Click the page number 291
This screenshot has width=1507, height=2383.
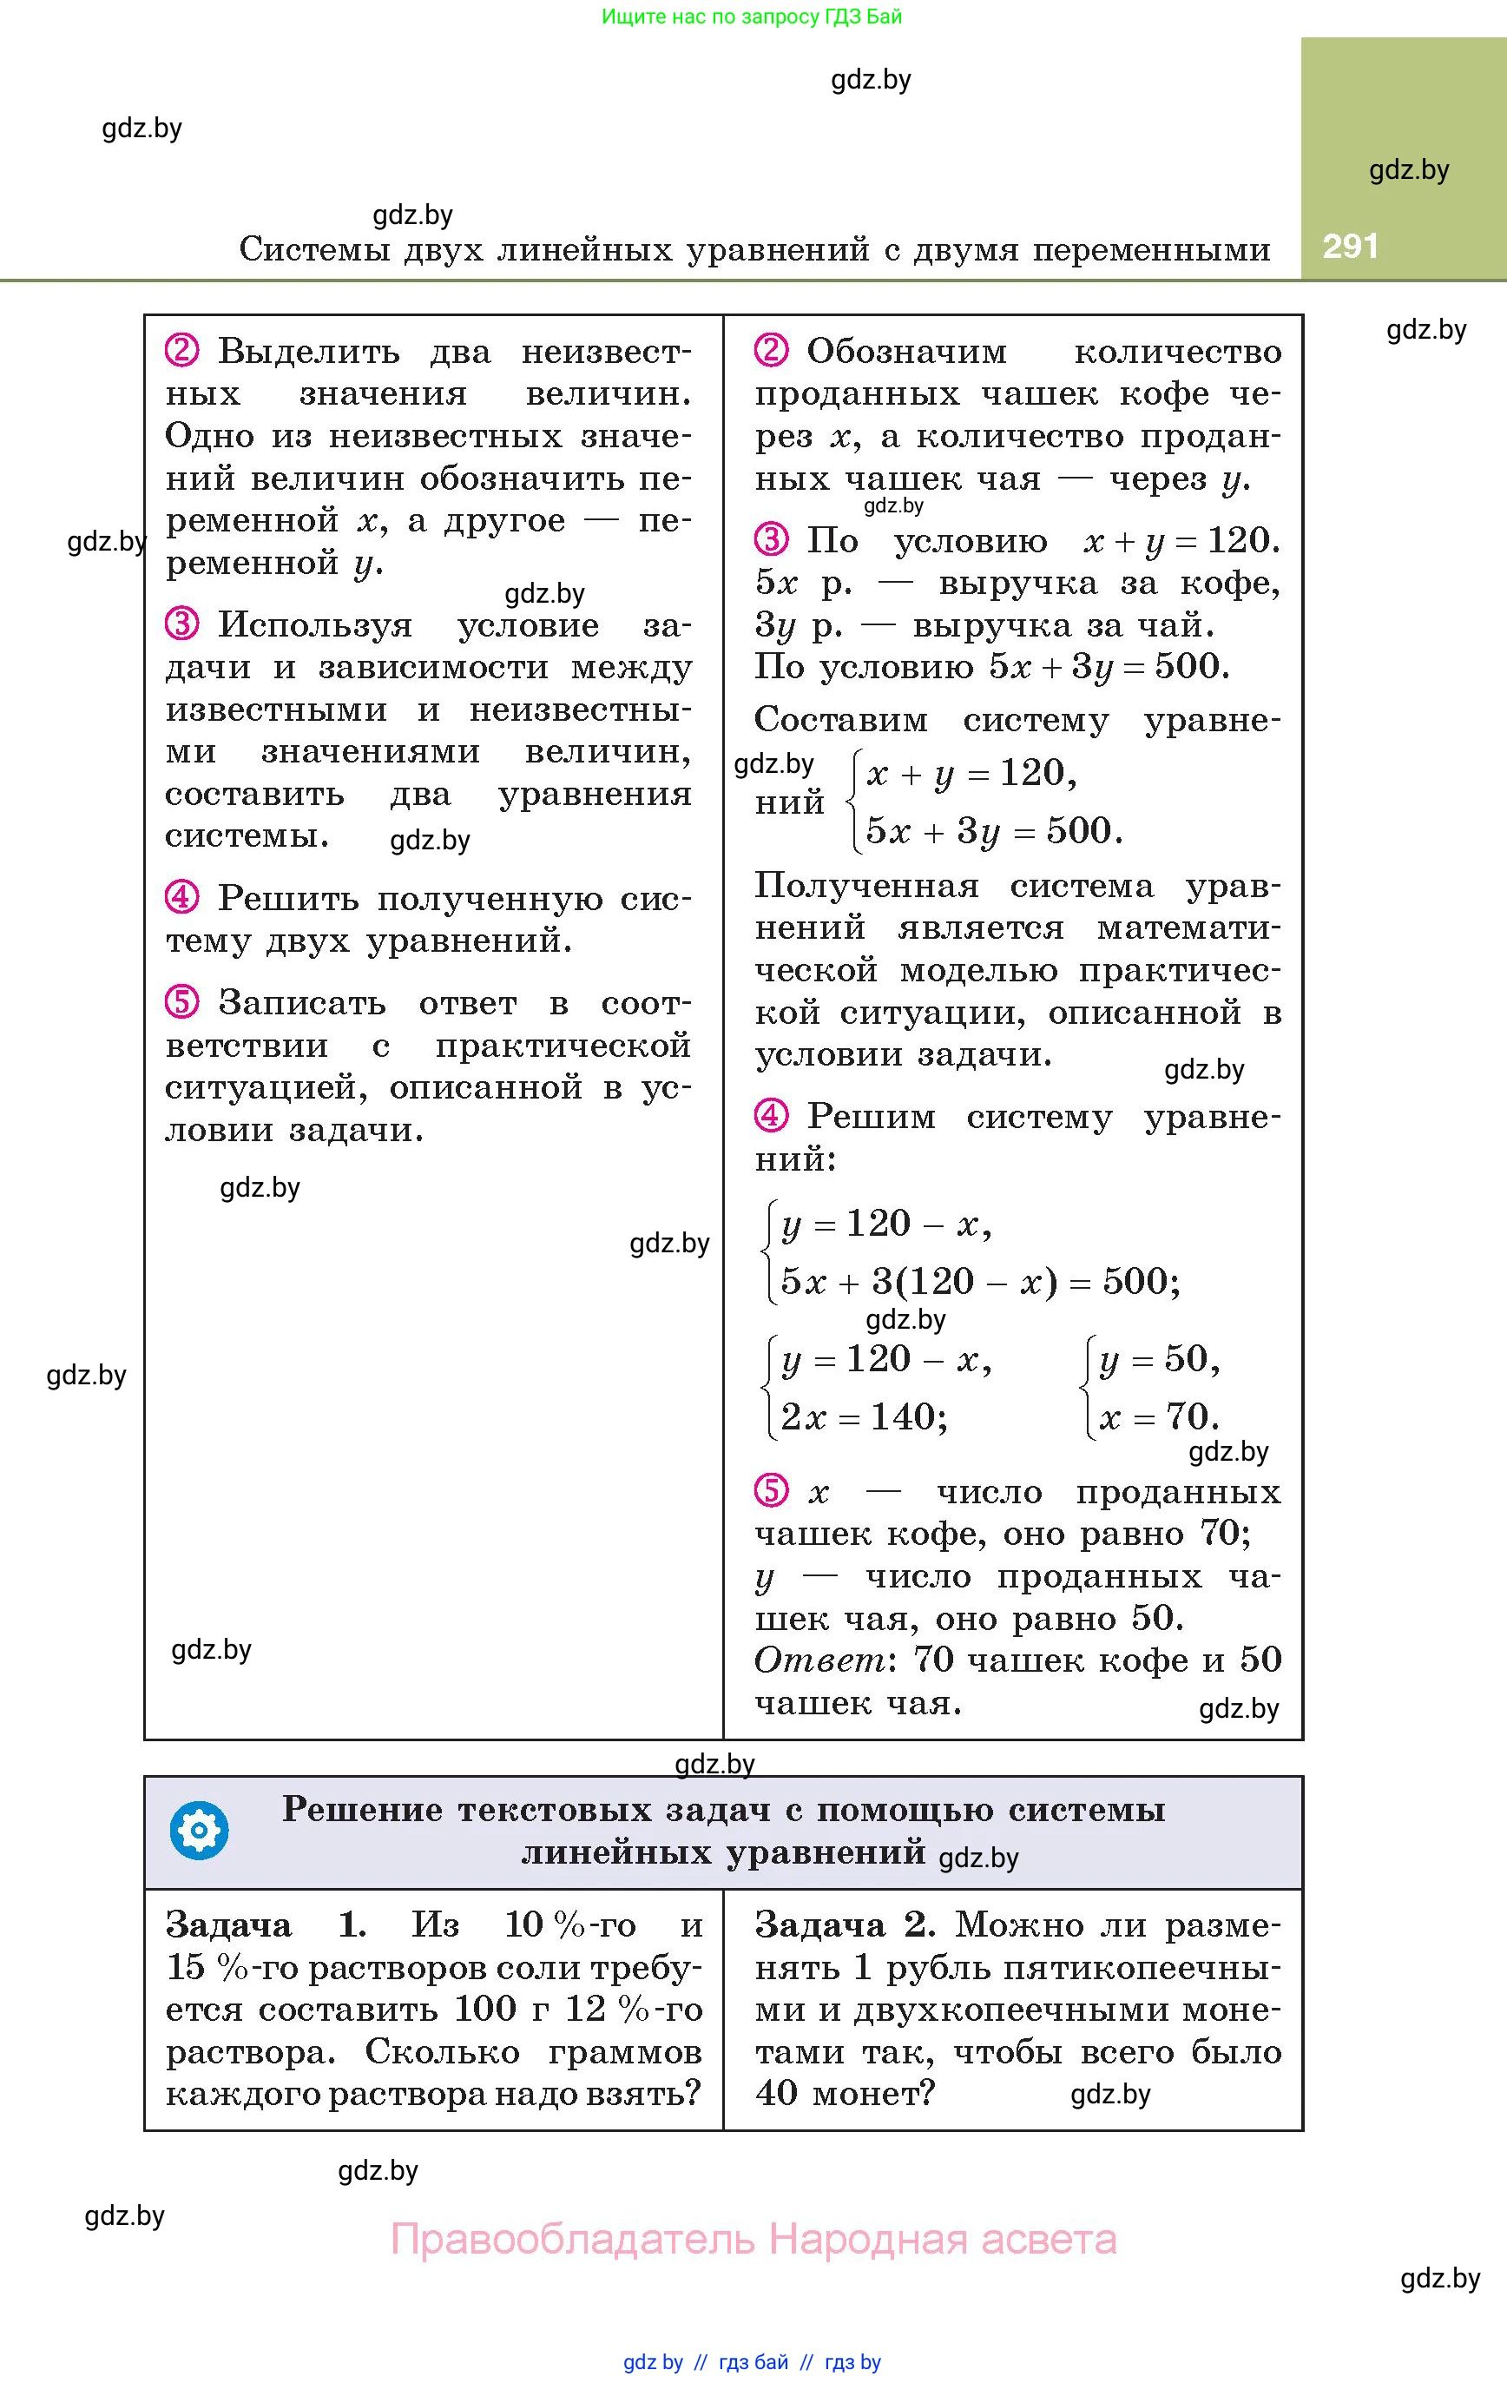1350,246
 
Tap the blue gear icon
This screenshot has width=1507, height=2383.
199,1831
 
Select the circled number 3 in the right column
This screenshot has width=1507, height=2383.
771,539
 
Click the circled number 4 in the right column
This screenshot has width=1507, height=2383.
771,1115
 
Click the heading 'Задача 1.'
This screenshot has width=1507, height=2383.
265,1924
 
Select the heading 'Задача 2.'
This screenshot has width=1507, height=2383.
845,1924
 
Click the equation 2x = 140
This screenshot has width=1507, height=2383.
864,1416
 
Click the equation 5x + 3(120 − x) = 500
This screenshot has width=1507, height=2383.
979,1282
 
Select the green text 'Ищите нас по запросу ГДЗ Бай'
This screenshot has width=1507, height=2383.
752,17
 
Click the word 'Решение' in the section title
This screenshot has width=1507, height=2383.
362,1809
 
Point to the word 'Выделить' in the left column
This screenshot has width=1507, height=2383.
309,352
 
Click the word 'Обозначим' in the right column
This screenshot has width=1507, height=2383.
906,352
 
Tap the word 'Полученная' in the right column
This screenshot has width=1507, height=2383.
867,886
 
